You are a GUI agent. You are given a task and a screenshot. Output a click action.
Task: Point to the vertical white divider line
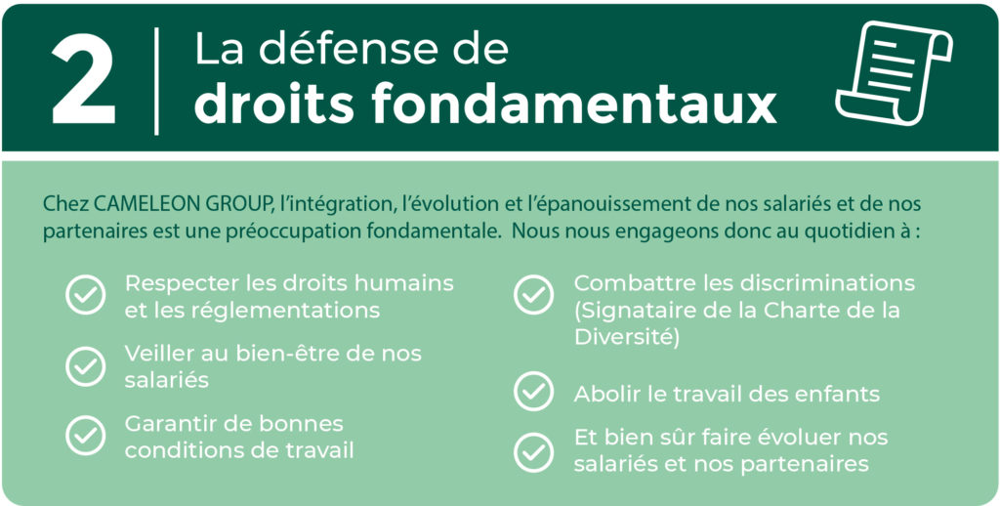[x=156, y=81]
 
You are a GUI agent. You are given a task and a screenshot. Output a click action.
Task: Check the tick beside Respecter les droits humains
[x=86, y=295]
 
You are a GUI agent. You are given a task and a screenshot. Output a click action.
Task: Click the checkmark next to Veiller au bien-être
[x=86, y=366]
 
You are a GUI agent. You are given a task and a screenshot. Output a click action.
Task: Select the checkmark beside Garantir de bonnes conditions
[x=86, y=436]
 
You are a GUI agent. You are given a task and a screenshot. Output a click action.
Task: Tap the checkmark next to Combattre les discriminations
[x=534, y=295]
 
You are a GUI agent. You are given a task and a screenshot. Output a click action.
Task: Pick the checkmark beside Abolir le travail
[x=534, y=391]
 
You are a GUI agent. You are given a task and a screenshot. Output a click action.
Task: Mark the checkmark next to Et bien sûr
[x=534, y=451]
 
